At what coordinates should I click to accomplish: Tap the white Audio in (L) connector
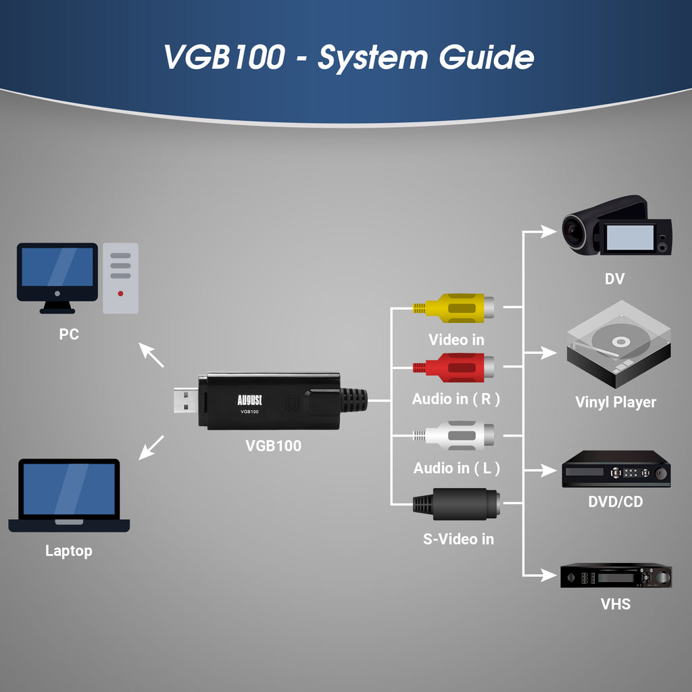[x=455, y=436]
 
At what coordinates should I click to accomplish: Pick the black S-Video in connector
[x=456, y=504]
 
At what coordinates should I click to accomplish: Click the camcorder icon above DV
[x=616, y=226]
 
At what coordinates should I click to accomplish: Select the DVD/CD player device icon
[x=616, y=469]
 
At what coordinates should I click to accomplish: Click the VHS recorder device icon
[x=616, y=576]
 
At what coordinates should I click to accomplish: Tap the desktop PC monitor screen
[x=57, y=268]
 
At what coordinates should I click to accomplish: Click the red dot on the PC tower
[x=120, y=293]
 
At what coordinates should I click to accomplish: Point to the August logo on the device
[x=250, y=399]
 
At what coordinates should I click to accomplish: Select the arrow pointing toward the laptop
[x=151, y=447]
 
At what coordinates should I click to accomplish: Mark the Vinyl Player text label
[x=615, y=402]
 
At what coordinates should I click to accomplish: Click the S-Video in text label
[x=458, y=539]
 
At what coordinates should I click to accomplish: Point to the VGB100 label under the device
[x=273, y=445]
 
